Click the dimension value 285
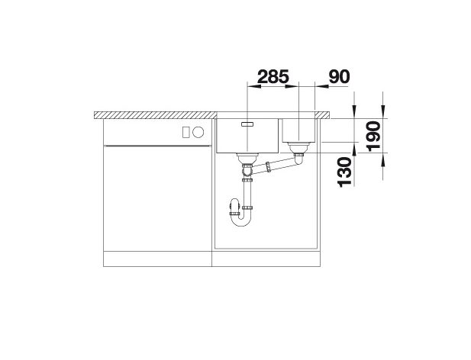(x=273, y=76)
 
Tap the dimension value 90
(x=340, y=76)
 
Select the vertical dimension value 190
(x=374, y=136)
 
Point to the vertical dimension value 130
(x=344, y=172)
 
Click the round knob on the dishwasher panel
(x=198, y=132)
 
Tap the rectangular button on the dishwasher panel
(x=185, y=132)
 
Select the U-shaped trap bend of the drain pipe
(x=240, y=220)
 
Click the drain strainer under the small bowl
(x=298, y=147)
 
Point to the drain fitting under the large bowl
(x=247, y=157)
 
